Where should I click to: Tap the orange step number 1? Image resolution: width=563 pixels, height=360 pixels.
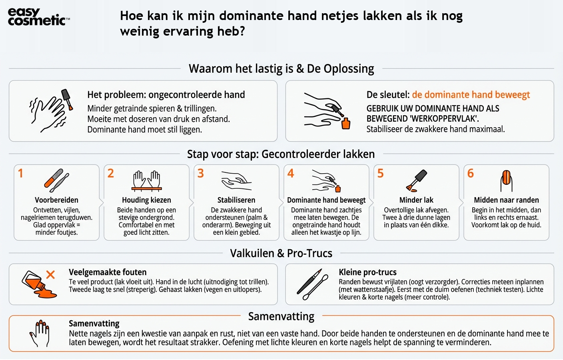point(20,173)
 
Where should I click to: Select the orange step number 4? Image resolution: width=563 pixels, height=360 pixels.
point(291,173)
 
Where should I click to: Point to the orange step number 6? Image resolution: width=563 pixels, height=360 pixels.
point(471,173)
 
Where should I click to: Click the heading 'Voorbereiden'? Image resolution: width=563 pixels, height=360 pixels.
point(56,200)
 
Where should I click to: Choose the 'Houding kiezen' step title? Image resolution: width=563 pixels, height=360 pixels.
point(146,200)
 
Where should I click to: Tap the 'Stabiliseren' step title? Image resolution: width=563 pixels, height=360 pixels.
point(236,200)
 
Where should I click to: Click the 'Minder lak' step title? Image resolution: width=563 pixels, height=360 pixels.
point(416,200)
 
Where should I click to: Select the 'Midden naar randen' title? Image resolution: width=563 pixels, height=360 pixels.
point(506,200)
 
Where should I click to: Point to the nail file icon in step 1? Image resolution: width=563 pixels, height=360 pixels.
point(56,180)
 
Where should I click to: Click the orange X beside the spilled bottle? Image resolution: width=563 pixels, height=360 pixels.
point(50,274)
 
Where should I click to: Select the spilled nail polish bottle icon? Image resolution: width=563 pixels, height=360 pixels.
point(37,285)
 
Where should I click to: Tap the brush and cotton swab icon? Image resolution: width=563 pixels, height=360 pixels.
point(309,284)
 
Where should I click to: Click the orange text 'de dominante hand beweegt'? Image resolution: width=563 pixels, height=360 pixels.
point(471,95)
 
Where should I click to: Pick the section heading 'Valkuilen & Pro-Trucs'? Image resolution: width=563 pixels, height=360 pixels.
point(281,253)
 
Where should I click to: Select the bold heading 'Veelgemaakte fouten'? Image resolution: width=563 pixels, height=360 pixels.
point(108,272)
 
